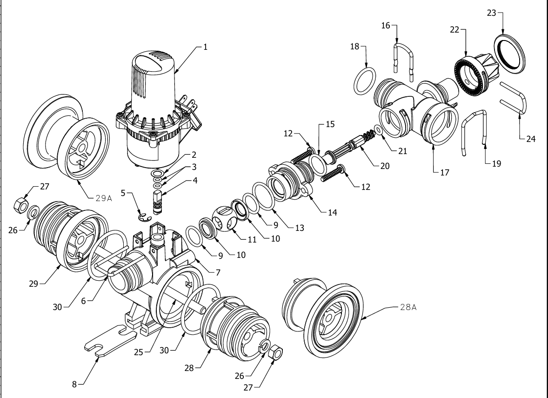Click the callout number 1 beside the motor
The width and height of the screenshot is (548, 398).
tap(206, 47)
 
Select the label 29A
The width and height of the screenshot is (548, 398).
tap(104, 198)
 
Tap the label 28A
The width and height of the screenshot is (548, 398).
tap(408, 307)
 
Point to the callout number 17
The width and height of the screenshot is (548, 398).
tap(445, 172)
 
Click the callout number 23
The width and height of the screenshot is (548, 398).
tap(491, 13)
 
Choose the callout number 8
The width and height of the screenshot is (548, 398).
tap(74, 385)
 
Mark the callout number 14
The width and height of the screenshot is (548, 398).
tap(332, 212)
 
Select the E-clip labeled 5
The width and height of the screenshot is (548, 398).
tap(145, 217)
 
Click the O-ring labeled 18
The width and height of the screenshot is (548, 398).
tap(365, 81)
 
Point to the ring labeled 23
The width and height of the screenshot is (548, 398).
tap(510, 54)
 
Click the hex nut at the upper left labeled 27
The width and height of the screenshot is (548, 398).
tap(21, 205)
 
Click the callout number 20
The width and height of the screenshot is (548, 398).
tap(385, 166)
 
